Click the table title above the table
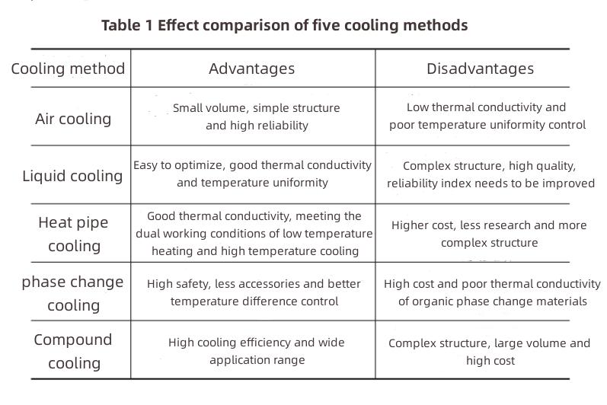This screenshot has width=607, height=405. (284, 25)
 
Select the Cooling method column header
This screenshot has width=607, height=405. (68, 69)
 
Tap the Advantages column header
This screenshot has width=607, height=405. (251, 69)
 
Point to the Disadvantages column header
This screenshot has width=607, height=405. (480, 69)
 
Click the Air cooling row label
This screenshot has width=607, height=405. (73, 119)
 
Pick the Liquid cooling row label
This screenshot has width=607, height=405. (72, 176)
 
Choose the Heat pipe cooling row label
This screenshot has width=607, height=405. (74, 234)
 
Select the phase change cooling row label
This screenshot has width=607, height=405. (72, 293)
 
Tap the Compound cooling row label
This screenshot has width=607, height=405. (73, 351)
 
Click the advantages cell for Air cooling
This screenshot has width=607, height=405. (256, 116)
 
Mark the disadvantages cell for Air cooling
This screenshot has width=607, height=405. (487, 116)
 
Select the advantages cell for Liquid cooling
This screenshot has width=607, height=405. (252, 174)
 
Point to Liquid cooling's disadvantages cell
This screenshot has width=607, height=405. (490, 174)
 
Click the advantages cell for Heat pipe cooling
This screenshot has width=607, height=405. (254, 234)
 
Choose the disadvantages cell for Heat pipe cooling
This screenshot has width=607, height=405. (489, 234)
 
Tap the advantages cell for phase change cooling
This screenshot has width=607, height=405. (254, 292)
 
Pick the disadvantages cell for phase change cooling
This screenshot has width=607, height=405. (492, 292)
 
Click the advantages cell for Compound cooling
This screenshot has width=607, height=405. (257, 351)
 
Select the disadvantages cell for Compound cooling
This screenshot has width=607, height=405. (489, 352)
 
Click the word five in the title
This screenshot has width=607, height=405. (329, 25)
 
